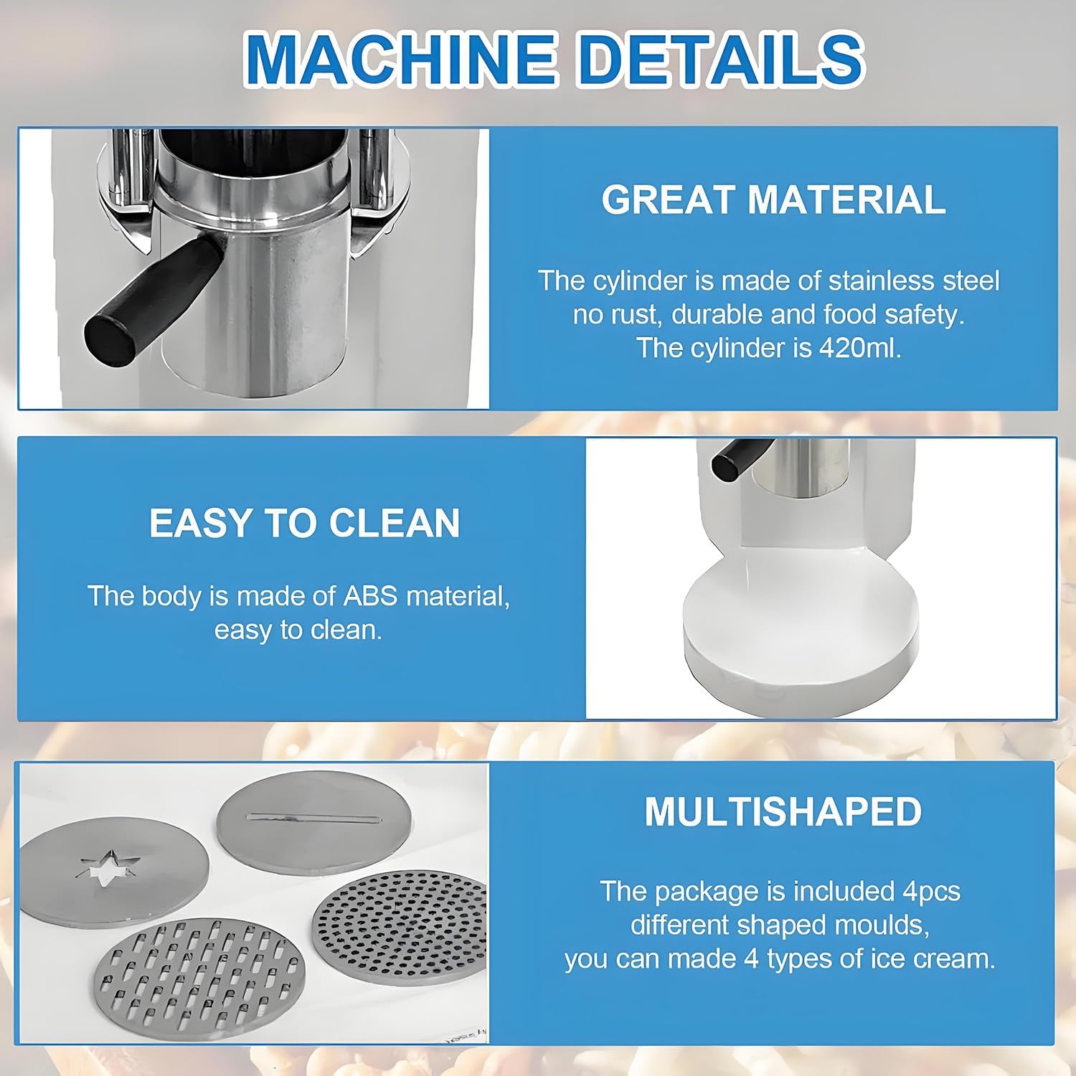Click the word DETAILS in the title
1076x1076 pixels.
[720, 57]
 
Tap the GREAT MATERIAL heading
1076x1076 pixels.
[773, 199]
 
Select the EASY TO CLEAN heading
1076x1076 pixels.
[304, 523]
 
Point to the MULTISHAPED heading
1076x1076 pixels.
[783, 811]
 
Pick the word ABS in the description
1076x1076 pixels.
[370, 596]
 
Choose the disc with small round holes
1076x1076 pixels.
[400, 919]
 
